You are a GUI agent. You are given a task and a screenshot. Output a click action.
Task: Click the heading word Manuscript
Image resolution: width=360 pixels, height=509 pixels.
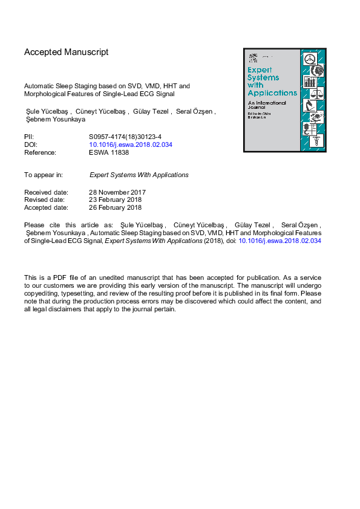(84, 52)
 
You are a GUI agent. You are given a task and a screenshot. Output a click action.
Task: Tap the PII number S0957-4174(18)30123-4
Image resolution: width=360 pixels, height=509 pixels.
(125, 137)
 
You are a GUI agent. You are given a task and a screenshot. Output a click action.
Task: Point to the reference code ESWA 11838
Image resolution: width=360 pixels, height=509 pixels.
(109, 153)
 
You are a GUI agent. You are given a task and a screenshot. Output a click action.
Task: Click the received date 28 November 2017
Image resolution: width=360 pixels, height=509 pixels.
(117, 193)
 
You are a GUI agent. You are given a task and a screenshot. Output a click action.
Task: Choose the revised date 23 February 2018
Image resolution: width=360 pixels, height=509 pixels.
(115, 200)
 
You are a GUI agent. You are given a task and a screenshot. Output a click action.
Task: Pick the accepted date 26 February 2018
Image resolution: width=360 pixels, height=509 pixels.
(115, 207)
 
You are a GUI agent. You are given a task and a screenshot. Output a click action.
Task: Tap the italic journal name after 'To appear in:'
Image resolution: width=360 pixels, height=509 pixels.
(139, 175)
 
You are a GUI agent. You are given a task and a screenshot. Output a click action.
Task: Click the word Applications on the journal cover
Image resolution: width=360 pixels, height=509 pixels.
(272, 93)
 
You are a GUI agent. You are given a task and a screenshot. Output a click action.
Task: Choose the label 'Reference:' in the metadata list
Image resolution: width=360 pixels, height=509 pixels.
(40, 153)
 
